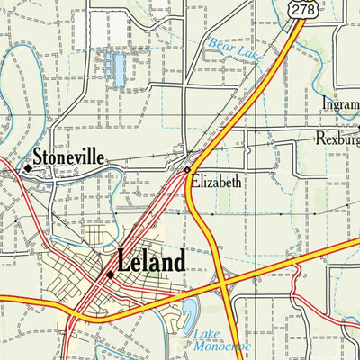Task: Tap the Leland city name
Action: pos(151,262)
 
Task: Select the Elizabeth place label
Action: pos(216,182)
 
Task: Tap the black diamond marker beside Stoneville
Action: pos(28,167)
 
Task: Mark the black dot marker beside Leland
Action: pos(110,274)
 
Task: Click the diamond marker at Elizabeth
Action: pos(187,169)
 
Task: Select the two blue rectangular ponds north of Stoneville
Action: pos(115,68)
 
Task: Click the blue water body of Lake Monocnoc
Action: pos(190,314)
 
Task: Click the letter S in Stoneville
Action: pos(39,159)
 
